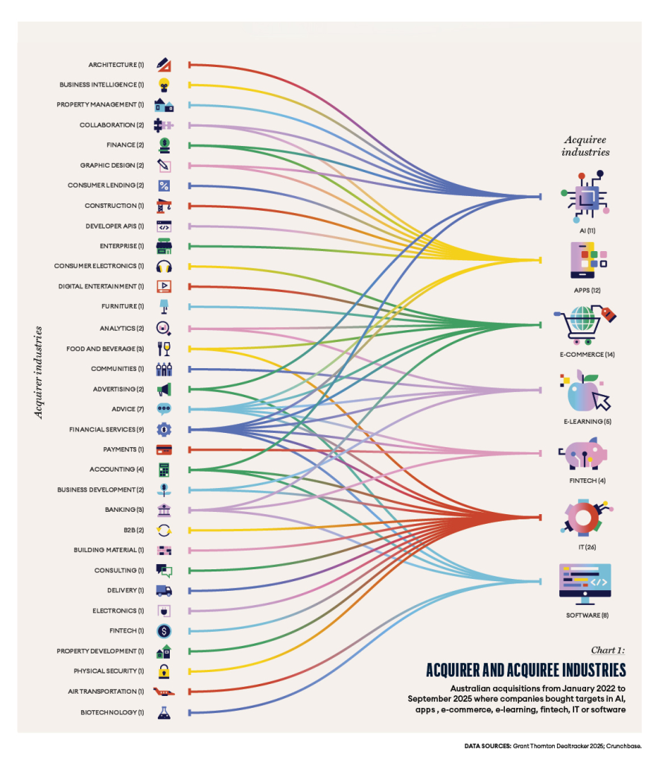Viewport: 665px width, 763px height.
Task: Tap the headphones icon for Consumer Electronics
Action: pyautogui.click(x=164, y=266)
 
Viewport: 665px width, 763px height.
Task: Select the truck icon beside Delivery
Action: pyautogui.click(x=164, y=590)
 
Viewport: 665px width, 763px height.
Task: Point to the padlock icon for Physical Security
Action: pyautogui.click(x=164, y=671)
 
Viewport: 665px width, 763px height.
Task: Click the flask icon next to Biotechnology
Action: pyautogui.click(x=164, y=712)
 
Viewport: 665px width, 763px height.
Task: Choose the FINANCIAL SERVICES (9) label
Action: pyautogui.click(x=106, y=429)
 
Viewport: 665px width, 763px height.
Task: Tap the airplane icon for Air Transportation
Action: pyautogui.click(x=164, y=691)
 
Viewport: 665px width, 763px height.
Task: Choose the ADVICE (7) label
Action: pyautogui.click(x=128, y=409)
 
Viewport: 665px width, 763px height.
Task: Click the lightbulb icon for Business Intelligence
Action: pyautogui.click(x=164, y=85)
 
